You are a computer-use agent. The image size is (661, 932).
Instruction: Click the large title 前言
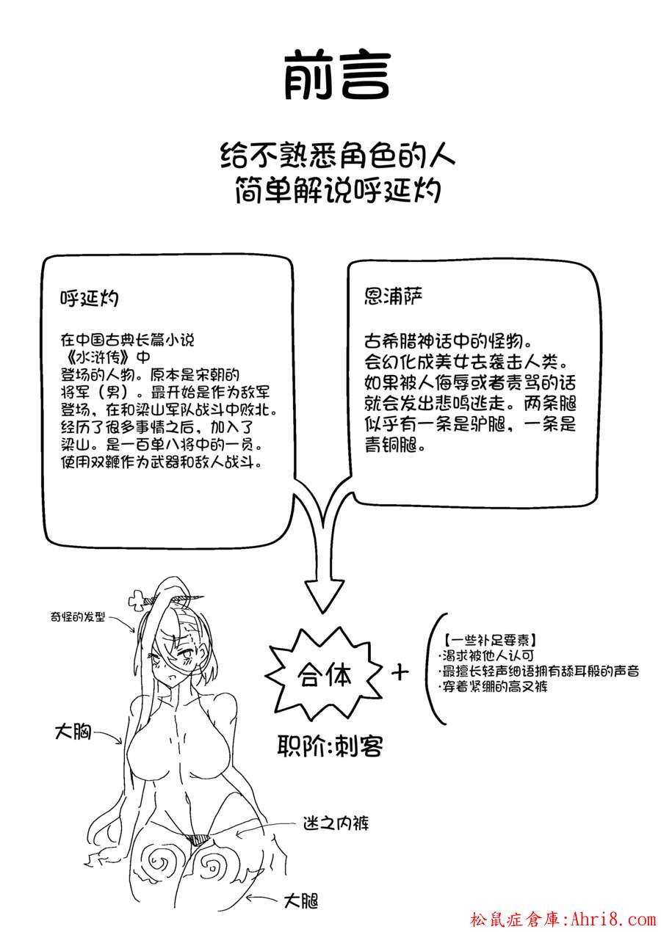(x=337, y=77)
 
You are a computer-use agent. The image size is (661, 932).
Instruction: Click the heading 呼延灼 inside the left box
(x=89, y=298)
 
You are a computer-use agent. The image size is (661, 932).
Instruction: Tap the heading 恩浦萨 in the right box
(x=393, y=296)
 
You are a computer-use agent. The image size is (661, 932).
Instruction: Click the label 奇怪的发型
(x=77, y=616)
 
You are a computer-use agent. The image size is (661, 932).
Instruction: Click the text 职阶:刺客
(x=330, y=746)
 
